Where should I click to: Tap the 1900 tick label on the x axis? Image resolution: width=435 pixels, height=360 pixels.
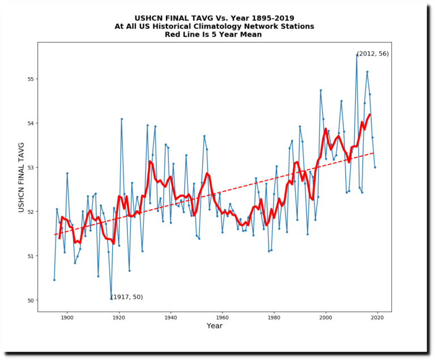pos(67,317)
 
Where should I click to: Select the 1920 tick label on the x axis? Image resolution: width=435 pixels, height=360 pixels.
pos(119,317)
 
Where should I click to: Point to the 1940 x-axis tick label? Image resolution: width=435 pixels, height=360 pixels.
pos(170,317)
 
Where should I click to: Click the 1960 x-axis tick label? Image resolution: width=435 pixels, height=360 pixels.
pos(222,317)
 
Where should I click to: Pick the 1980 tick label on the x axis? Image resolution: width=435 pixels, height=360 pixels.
pos(274,317)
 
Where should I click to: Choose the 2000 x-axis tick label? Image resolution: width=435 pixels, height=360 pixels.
pos(326,317)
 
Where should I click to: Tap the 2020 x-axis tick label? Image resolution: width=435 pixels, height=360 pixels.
pos(377,317)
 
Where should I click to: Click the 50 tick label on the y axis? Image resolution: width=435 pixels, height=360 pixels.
pos(30,300)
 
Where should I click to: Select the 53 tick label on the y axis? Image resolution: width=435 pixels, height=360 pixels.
pos(30,168)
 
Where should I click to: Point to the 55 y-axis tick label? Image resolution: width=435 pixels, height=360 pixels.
pos(30,79)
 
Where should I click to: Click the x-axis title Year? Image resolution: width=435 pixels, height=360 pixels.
pos(215,326)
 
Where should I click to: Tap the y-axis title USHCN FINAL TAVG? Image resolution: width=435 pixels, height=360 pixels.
pos(22,177)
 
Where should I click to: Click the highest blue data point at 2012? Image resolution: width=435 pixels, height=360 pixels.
pos(357,55)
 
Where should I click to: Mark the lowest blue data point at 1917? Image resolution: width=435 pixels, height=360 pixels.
pos(111,298)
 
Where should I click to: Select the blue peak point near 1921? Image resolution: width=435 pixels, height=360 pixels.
pos(122,118)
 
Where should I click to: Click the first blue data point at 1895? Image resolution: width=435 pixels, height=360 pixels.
pos(54,279)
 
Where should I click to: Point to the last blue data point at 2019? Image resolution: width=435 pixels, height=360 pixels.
pos(375,167)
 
